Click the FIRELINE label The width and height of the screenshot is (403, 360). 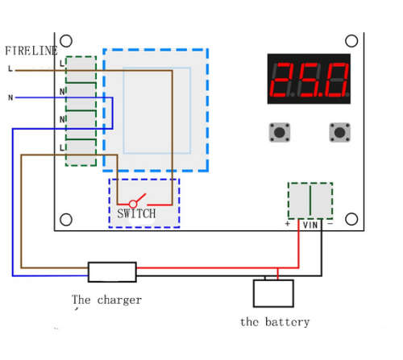(x=31, y=51)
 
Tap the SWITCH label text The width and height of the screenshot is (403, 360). (x=136, y=213)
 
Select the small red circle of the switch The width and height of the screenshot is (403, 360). (x=133, y=204)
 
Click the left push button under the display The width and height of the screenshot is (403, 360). (x=280, y=132)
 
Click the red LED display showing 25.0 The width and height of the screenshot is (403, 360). (x=309, y=79)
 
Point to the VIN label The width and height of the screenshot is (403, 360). (x=310, y=225)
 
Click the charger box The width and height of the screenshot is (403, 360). (x=112, y=272)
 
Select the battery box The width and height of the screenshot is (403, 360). (x=273, y=293)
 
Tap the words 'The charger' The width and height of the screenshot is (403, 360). (x=106, y=300)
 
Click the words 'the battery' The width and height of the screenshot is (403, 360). (x=275, y=322)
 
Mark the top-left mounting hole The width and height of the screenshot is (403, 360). (x=66, y=41)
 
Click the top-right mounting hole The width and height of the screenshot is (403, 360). (x=351, y=41)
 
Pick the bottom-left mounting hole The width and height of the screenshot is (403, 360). (x=66, y=220)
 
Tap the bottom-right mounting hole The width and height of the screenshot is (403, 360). (x=351, y=219)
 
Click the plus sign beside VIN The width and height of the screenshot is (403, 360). (x=288, y=224)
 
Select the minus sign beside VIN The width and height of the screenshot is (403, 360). (x=330, y=223)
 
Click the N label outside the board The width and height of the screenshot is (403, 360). (x=10, y=97)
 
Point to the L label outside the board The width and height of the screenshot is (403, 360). (x=10, y=68)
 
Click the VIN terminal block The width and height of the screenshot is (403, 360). (x=310, y=201)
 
